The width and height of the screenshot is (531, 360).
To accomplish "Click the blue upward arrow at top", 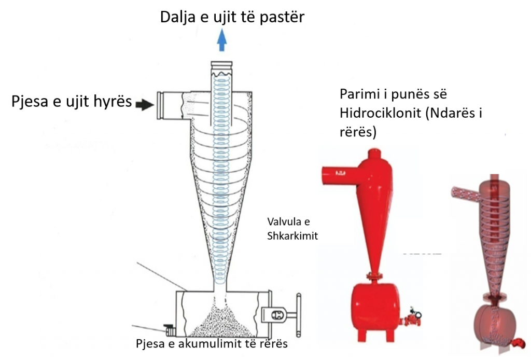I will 222,40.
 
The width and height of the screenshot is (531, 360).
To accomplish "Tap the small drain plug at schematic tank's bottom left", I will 169,329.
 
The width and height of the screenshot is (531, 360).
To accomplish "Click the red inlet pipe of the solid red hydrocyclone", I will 337,172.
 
